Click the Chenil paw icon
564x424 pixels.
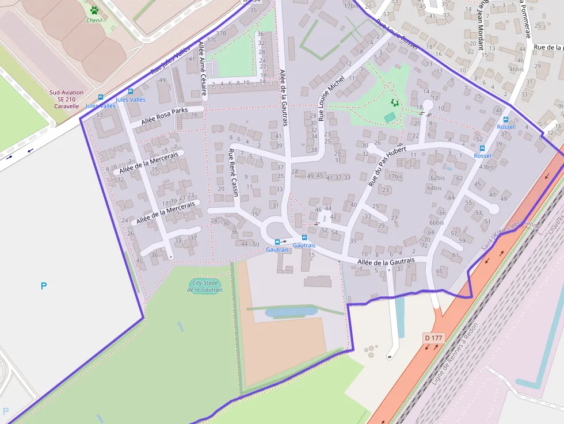point(94,10)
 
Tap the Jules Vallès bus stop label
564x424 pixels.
point(131,100)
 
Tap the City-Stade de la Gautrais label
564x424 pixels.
point(205,286)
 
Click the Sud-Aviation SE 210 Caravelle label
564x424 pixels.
point(67,99)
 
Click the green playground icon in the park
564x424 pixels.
point(395,102)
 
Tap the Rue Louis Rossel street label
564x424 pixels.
point(397,35)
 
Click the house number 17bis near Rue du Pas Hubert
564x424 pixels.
point(395,177)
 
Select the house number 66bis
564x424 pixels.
point(437,223)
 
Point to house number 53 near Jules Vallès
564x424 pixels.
point(99,115)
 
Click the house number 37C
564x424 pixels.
point(211,40)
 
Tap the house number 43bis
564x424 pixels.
point(486,167)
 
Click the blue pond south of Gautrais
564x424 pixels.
point(291,312)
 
